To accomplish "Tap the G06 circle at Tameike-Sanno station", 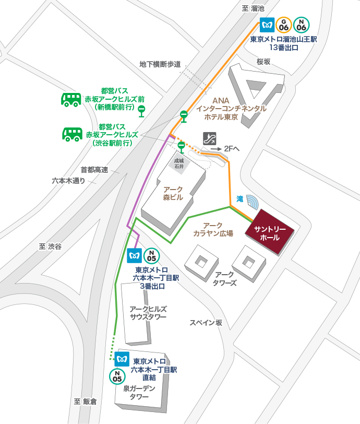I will [x=284, y=25].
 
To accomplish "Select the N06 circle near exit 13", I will [x=301, y=25].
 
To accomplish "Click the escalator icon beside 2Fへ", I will [x=209, y=138].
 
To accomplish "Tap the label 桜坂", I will [x=264, y=62].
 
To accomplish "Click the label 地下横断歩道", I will [x=160, y=64].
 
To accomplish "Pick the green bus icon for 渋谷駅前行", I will [x=72, y=134].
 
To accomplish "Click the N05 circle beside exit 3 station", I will [x=152, y=256].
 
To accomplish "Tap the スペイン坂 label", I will [x=206, y=323].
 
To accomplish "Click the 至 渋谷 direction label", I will [x=50, y=246].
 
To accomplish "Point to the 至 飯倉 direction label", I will [x=86, y=402].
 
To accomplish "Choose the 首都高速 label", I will [x=94, y=170].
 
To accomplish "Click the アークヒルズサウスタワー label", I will [x=148, y=313].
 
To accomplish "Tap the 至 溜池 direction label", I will [x=254, y=8].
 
